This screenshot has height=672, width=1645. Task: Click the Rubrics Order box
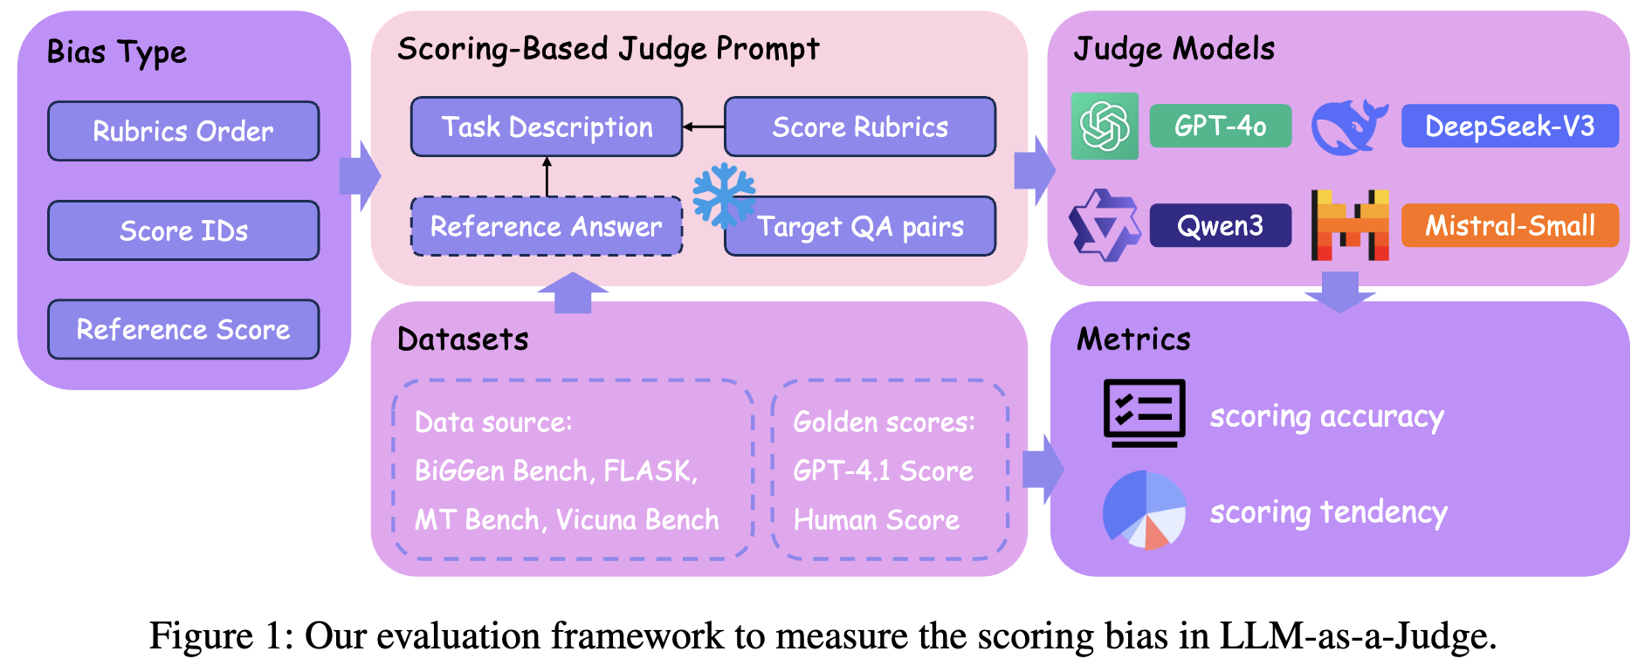(x=183, y=131)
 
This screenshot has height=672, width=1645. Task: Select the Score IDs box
(x=183, y=230)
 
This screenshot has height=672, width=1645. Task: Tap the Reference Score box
(x=183, y=329)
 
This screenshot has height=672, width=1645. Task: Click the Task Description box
(x=547, y=127)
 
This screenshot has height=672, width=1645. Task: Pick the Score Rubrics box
(x=860, y=127)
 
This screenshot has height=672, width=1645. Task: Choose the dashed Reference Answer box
(x=547, y=226)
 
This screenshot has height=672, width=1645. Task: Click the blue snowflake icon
(x=724, y=195)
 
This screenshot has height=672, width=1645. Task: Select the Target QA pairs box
(x=860, y=226)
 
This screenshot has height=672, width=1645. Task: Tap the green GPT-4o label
(x=1221, y=126)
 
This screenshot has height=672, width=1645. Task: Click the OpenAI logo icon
(x=1105, y=126)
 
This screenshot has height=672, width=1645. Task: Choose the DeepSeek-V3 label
(x=1510, y=126)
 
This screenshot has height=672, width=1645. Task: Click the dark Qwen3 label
(x=1221, y=225)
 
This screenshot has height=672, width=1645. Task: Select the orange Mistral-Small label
(x=1510, y=225)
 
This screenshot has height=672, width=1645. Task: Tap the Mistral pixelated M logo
(x=1350, y=225)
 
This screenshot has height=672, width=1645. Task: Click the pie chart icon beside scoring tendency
(x=1144, y=510)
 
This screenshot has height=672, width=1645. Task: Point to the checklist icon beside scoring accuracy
(x=1144, y=413)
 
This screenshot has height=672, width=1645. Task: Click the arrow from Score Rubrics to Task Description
(x=704, y=127)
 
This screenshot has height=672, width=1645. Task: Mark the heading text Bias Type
(x=117, y=52)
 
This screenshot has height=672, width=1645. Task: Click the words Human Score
(x=876, y=520)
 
